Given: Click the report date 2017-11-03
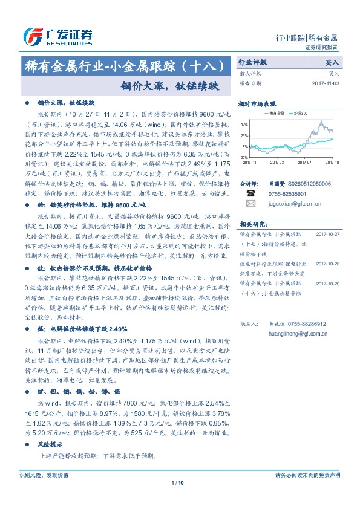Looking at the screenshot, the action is point(327,83).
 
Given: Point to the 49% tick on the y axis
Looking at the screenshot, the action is point(244,123).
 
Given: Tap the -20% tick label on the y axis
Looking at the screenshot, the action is point(244,158).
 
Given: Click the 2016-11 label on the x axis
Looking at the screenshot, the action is point(250,162).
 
